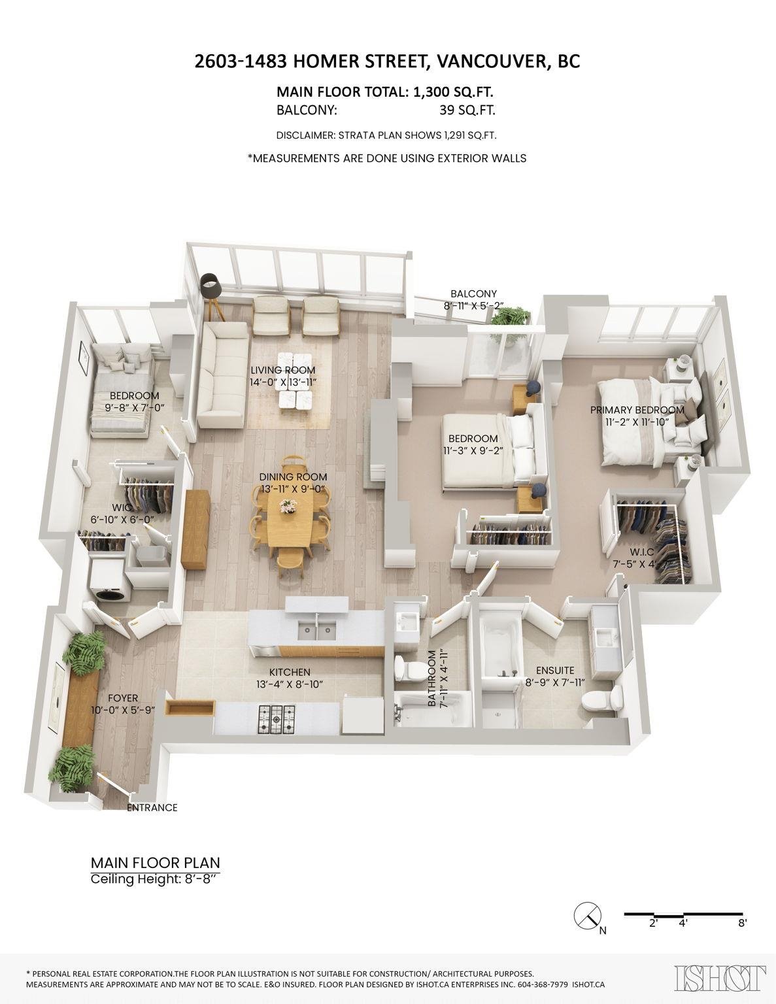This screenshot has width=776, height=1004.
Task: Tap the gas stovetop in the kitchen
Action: click(x=277, y=720)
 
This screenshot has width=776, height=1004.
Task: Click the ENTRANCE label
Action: click(x=152, y=807)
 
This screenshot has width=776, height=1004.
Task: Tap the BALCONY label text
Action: click(x=473, y=293)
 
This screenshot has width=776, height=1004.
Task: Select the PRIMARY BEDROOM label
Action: click(x=637, y=410)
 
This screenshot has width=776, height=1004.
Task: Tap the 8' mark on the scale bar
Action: click(x=742, y=923)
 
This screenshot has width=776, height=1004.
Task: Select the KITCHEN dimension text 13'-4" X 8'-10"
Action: click(x=289, y=684)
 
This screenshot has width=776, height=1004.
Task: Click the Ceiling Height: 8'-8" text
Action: click(x=154, y=878)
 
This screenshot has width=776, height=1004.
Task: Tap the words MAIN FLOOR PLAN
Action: click(x=155, y=863)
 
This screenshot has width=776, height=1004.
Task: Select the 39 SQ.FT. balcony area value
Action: click(x=467, y=110)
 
